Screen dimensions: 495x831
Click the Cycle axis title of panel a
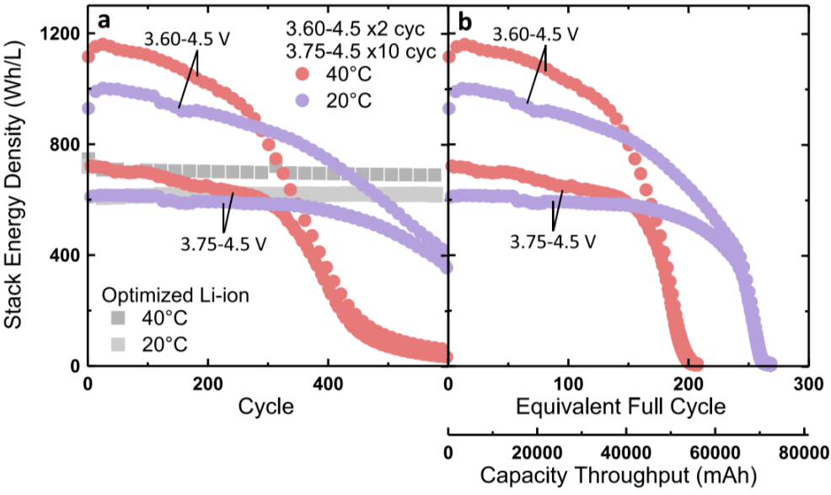[267, 407]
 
